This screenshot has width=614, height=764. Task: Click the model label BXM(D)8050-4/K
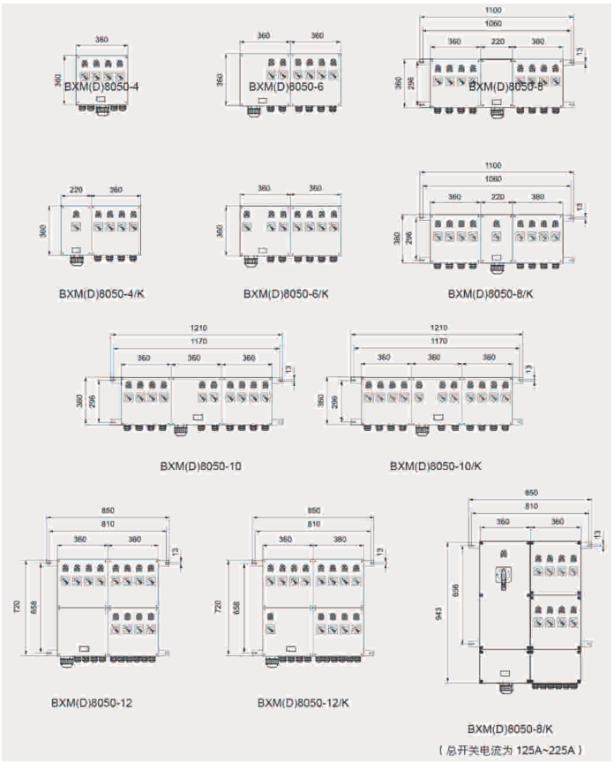pyautogui.click(x=98, y=292)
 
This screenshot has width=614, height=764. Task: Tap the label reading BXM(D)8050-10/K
pyautogui.click(x=436, y=465)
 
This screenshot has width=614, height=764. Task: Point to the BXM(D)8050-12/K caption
pyautogui.click(x=303, y=703)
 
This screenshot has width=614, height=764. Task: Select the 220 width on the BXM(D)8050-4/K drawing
pyautogui.click(x=76, y=189)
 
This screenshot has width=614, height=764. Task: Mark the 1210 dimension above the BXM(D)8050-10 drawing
pyautogui.click(x=199, y=328)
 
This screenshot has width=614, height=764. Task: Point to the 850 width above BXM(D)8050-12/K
pyautogui.click(x=312, y=511)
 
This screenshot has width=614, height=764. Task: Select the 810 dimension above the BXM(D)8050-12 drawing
pyautogui.click(x=108, y=525)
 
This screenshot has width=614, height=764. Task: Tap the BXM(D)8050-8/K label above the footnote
pyautogui.click(x=511, y=729)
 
